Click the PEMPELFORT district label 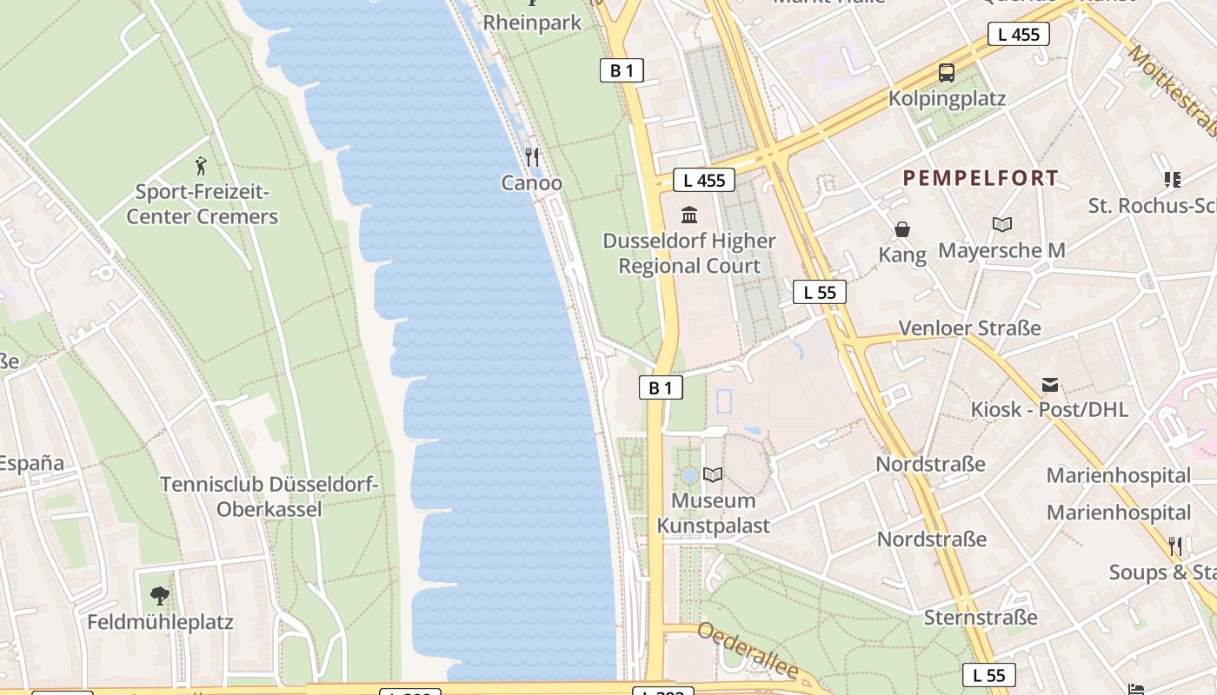tap(981, 178)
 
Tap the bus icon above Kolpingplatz tap(946, 73)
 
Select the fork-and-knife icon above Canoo tap(532, 157)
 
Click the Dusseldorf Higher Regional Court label tap(689, 253)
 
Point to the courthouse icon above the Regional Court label tap(689, 215)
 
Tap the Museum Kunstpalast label tap(714, 513)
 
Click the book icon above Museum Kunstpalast tap(713, 474)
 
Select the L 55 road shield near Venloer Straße tap(819, 292)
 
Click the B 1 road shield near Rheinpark tap(622, 70)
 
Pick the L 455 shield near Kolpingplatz tap(1018, 35)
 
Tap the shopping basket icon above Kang tap(902, 229)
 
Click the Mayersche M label tap(1001, 251)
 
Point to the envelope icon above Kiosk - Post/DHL tap(1050, 385)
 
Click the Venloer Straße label tap(969, 328)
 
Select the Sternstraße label tap(981, 618)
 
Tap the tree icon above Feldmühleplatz tap(160, 596)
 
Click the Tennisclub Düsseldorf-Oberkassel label tap(269, 497)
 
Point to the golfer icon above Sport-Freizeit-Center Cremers tap(202, 165)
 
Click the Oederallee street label tap(748, 651)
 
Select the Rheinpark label tap(532, 23)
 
